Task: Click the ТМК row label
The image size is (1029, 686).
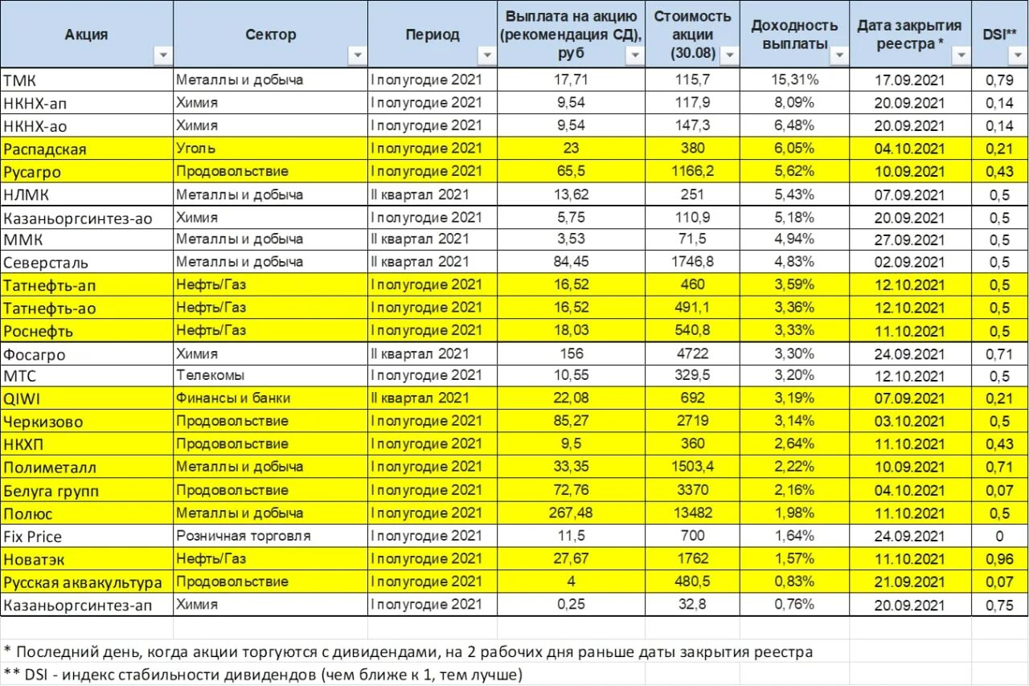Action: (x=20, y=80)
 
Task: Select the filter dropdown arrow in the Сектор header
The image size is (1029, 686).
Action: (x=356, y=55)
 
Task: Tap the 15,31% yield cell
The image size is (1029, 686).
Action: (x=796, y=80)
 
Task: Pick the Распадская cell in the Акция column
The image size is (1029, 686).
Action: (x=45, y=149)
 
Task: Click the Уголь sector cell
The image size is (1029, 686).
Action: (x=196, y=149)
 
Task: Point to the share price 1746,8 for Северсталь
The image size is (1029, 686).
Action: (x=691, y=263)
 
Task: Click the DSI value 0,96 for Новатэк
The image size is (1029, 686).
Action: (x=999, y=559)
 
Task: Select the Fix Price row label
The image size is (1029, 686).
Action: (x=33, y=537)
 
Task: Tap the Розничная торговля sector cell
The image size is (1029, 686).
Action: (x=244, y=536)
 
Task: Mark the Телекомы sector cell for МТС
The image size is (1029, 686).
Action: (x=211, y=375)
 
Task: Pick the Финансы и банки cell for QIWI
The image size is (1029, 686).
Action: (x=233, y=398)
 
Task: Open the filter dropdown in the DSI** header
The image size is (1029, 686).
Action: (x=1016, y=55)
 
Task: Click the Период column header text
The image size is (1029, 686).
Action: (x=433, y=35)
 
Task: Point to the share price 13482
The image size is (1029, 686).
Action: (x=691, y=513)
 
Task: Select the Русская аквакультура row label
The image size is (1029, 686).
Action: (x=83, y=582)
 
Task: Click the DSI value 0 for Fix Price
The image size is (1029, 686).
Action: (x=999, y=537)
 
